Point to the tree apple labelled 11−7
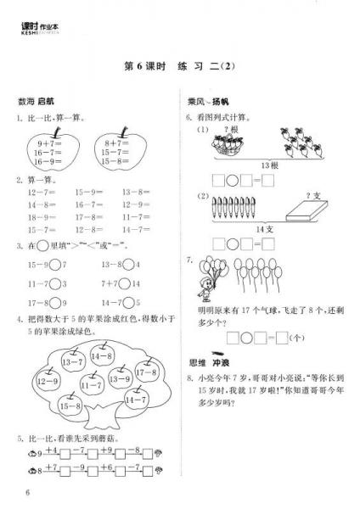pyautogui.click(x=92, y=386)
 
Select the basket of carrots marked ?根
pyautogui.click(x=227, y=143)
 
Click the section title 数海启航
pyautogui.click(x=34, y=102)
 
